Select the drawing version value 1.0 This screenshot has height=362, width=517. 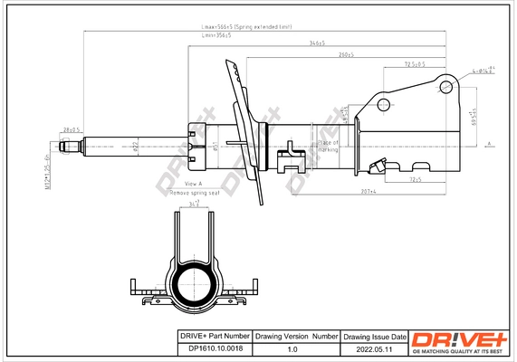pos(292,348)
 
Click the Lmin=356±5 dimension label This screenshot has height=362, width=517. pos(215,36)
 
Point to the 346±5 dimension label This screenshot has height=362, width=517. pos(317,43)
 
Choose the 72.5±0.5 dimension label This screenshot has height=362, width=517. pos(416,64)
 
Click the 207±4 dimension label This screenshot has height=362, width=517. pos(367,192)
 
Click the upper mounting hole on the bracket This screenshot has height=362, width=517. pos(446,87)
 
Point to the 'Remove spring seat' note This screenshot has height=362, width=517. pos(195,193)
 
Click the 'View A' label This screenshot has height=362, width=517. pos(181,184)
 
